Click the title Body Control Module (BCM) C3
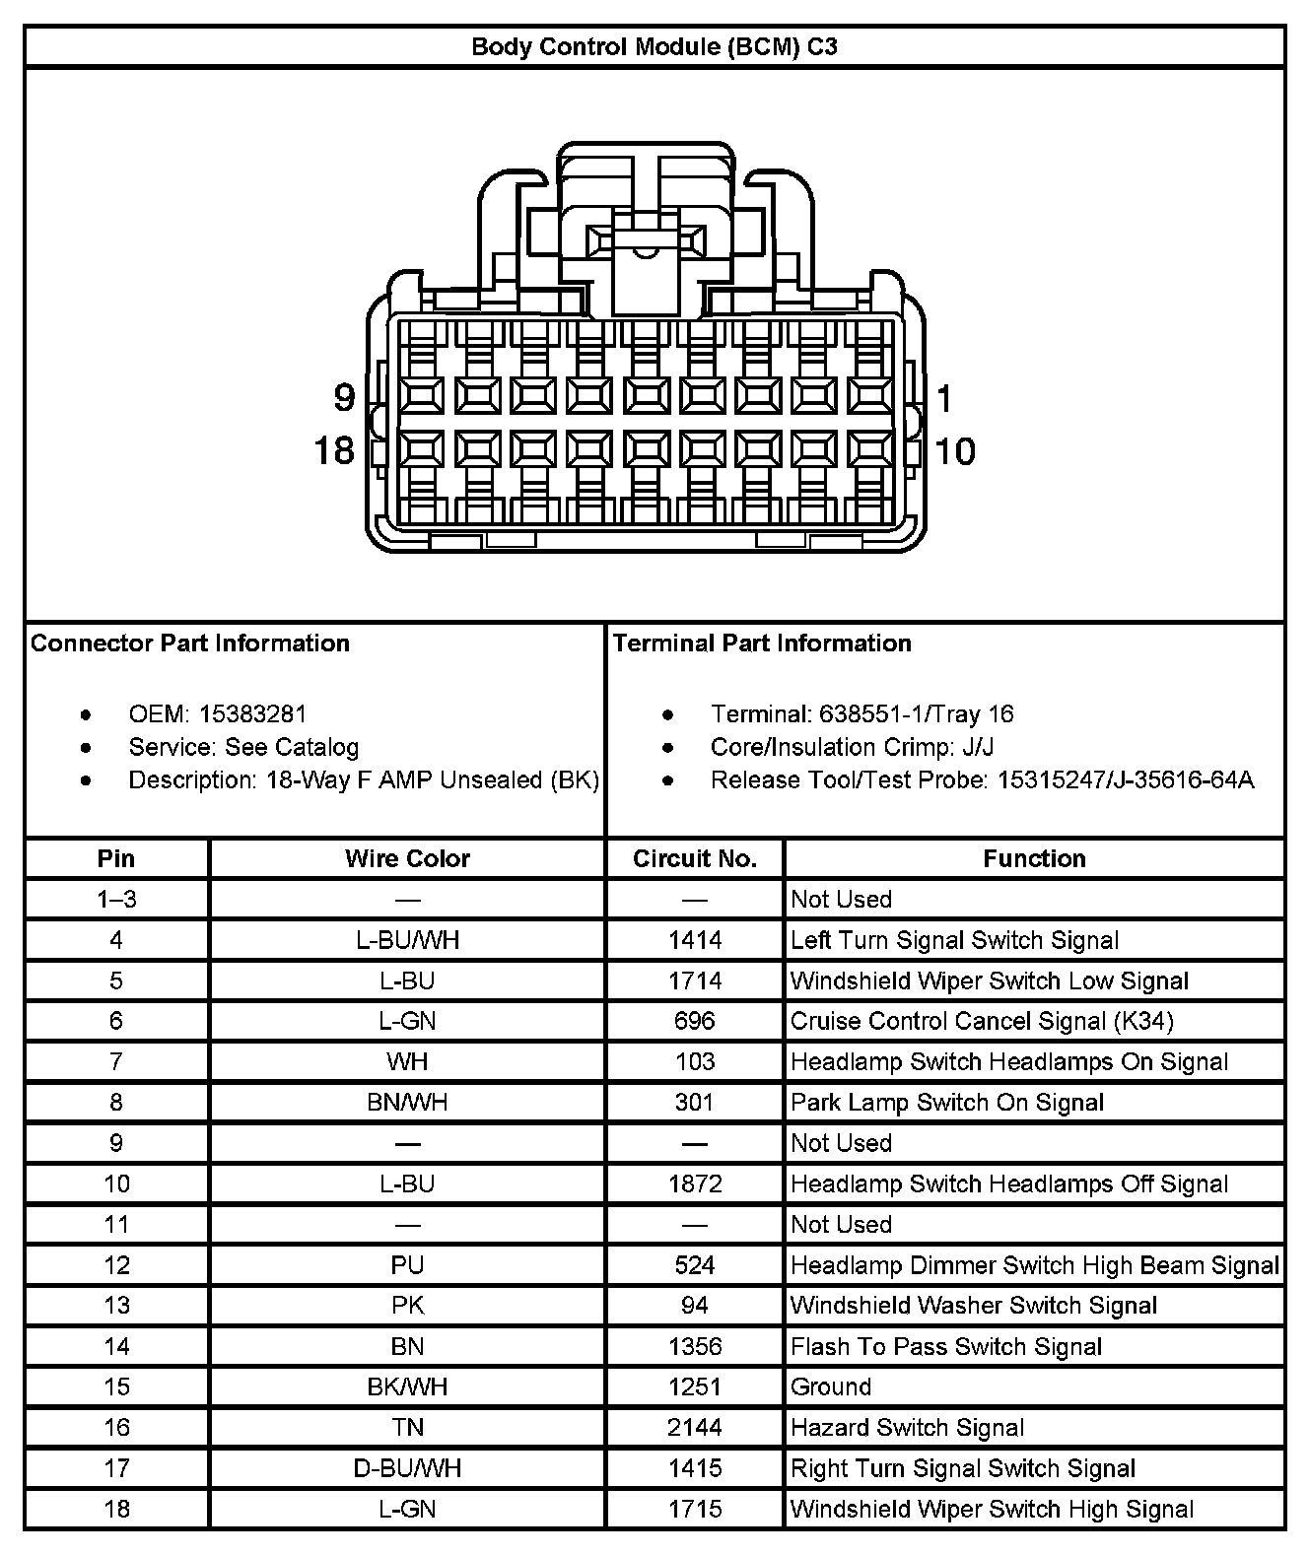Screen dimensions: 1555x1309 click(654, 46)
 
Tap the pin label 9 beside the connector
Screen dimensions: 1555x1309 click(343, 398)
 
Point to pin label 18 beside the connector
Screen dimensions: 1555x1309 click(333, 451)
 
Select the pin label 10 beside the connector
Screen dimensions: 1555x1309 click(954, 451)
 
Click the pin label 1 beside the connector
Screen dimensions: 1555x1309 click(944, 399)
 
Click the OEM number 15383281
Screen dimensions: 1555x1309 click(252, 713)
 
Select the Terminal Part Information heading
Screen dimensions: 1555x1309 click(762, 643)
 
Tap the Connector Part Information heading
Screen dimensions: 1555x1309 click(190, 643)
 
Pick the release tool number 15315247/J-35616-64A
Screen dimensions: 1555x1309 click(1126, 779)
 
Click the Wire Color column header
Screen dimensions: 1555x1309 click(407, 858)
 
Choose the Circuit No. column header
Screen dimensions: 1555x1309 click(695, 858)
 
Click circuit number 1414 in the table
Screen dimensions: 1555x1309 click(695, 940)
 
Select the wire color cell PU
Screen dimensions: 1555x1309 click(407, 1264)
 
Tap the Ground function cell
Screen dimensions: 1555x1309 click(831, 1386)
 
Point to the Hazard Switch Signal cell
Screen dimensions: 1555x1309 click(907, 1427)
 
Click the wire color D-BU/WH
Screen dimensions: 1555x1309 click(407, 1468)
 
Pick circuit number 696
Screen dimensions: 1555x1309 click(695, 1021)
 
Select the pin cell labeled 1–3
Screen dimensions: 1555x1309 click(116, 899)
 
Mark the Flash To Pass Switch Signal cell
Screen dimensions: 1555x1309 click(946, 1346)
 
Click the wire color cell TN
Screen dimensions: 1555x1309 click(407, 1427)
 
